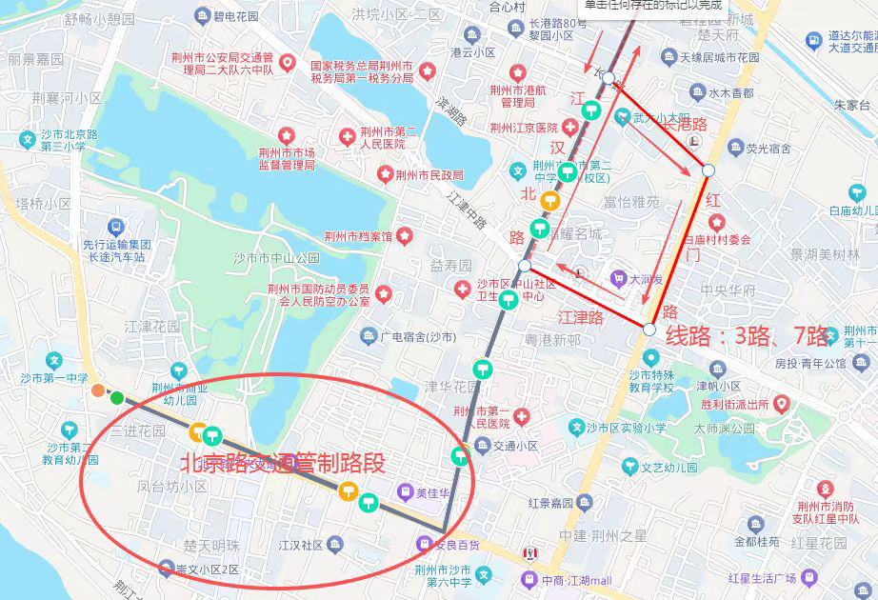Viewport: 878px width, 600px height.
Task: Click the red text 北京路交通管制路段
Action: click(x=283, y=463)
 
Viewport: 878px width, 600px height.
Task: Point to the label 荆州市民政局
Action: click(x=429, y=174)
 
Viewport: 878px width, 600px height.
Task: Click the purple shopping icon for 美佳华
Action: click(x=404, y=493)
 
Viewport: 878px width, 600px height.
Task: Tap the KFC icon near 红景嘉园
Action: click(x=530, y=553)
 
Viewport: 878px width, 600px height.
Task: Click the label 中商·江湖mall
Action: click(x=576, y=581)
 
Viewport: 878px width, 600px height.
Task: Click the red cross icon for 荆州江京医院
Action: click(x=569, y=127)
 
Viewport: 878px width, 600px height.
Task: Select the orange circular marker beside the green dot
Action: click(x=98, y=390)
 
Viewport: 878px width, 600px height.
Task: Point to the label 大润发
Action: click(x=647, y=279)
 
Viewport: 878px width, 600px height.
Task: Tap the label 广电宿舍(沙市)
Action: click(x=419, y=337)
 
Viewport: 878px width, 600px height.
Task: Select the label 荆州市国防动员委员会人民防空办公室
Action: click(x=318, y=295)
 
